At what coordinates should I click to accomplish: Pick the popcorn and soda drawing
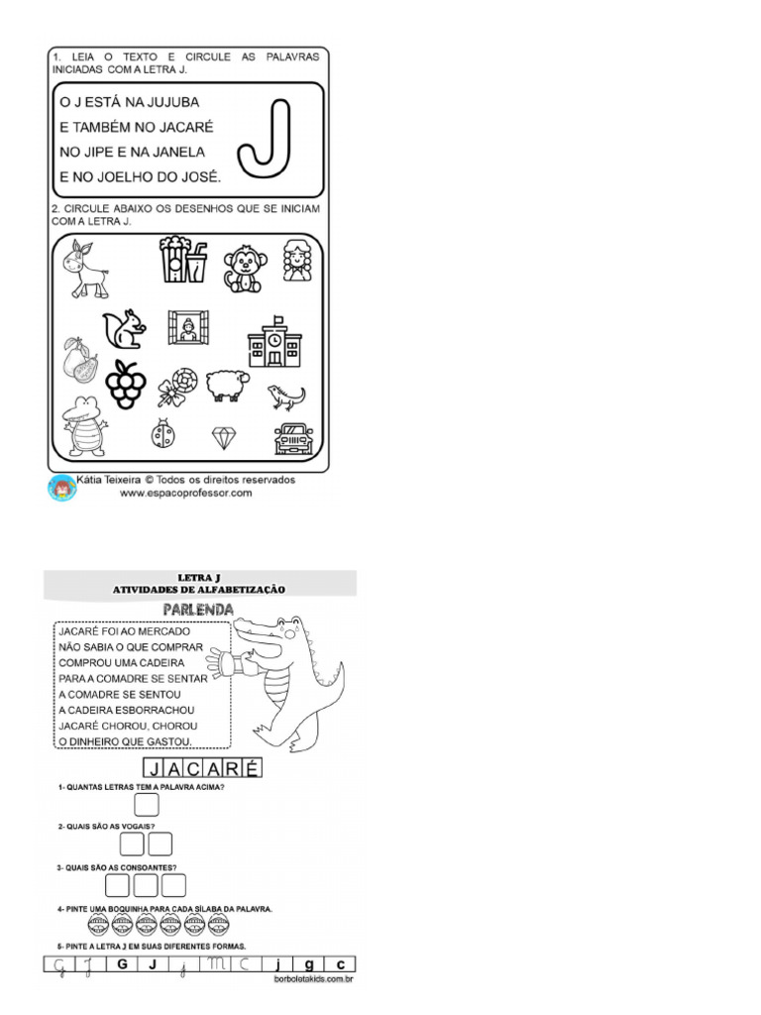tap(184, 259)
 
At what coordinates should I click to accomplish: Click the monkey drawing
tap(242, 268)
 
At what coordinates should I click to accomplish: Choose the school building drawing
tap(273, 342)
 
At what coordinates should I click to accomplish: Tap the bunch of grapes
tap(126, 384)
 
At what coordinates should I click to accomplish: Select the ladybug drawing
tap(163, 433)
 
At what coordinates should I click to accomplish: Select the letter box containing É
tap(251, 767)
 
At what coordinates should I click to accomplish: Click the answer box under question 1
tap(147, 805)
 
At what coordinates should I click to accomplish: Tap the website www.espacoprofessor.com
tap(186, 492)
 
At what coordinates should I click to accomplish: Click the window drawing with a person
tap(187, 327)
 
